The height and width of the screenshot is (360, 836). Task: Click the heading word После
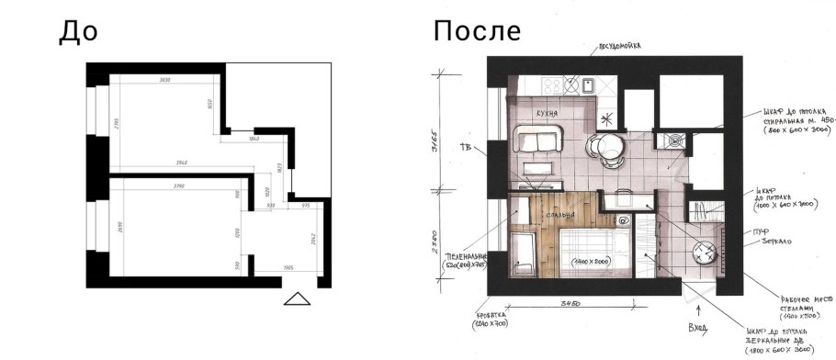477,31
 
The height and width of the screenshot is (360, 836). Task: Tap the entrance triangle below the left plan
298,298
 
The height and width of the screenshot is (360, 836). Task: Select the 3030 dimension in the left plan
165,81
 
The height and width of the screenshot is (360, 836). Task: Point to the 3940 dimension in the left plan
181,163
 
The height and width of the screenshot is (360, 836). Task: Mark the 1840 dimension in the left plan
254,138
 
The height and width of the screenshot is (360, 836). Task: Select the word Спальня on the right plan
559,215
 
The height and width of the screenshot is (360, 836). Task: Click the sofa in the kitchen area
537,142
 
